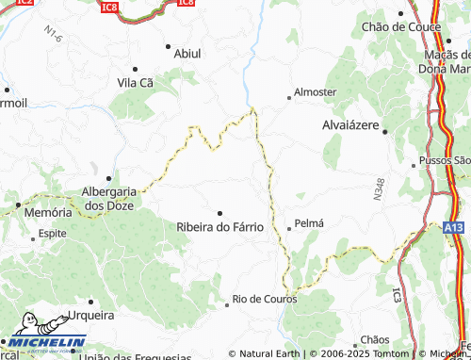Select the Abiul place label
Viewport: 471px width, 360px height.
187,54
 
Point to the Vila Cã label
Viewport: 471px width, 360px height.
135,83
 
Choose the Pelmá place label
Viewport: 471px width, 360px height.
309,223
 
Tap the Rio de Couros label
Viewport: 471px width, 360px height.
265,300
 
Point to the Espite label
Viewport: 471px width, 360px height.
53,233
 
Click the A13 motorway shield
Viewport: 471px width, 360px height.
452,227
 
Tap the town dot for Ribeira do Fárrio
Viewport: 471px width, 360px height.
220,213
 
